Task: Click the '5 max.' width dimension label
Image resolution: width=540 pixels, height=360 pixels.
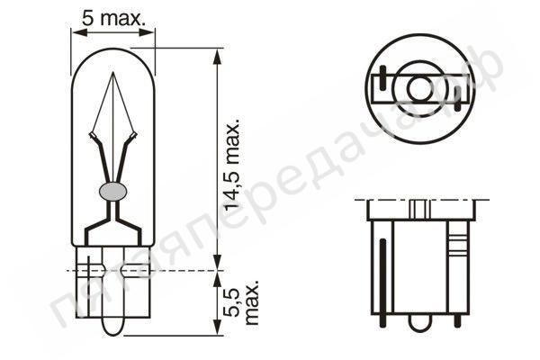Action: tap(113, 16)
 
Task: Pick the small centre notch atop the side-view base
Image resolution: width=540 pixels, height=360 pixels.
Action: tap(419, 209)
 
